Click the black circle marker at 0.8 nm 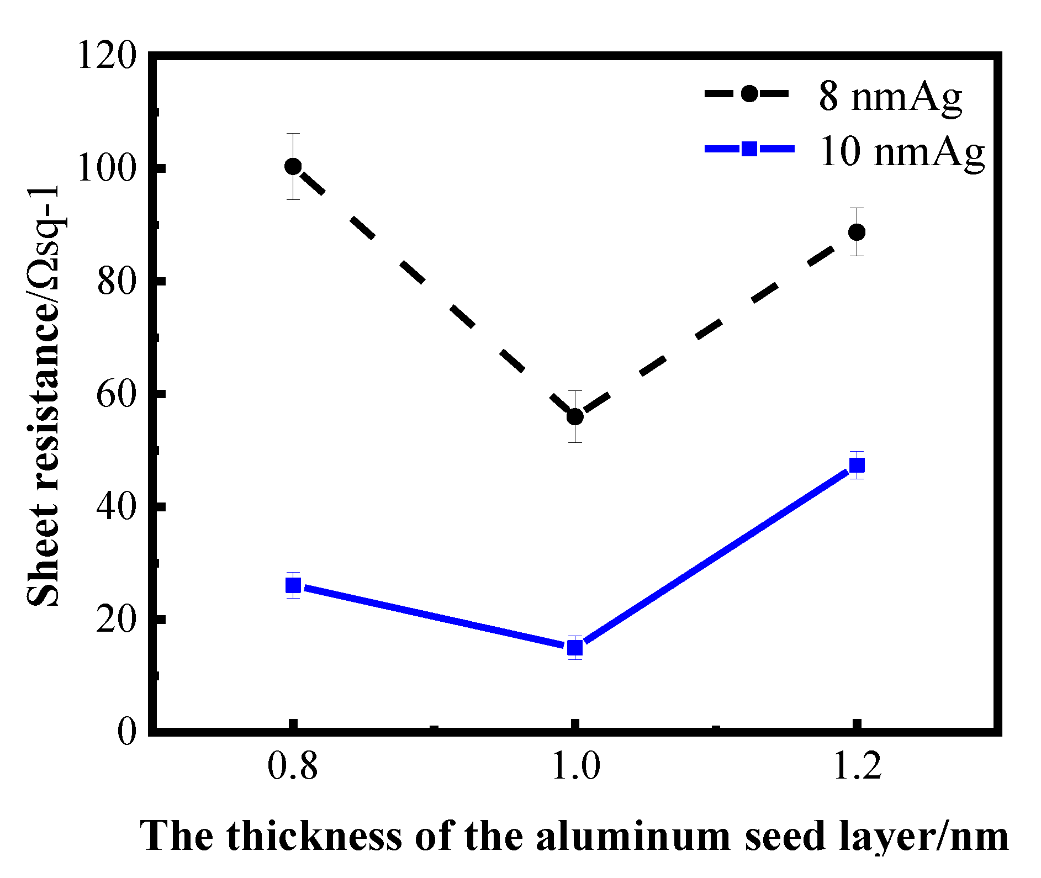[293, 166]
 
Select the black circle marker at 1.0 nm [575, 416]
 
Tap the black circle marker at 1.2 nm [857, 232]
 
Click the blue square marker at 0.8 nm [293, 585]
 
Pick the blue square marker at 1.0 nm [575, 647]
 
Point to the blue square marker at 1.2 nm [857, 466]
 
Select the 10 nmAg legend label [901, 151]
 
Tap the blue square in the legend [749, 149]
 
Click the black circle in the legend [749, 93]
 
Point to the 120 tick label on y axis [107, 55]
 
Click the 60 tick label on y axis [116, 395]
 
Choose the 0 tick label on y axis [126, 732]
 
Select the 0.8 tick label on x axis [293, 767]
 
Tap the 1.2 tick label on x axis [857, 767]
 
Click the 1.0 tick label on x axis [575, 767]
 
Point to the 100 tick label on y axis [107, 168]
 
